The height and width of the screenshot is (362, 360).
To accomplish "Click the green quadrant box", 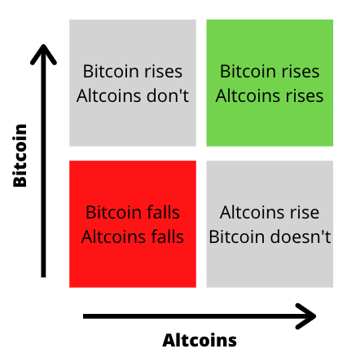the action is pos(270,83).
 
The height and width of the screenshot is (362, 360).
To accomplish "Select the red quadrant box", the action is pos(133,224).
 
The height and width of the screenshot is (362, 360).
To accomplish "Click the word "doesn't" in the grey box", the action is pos(301,236).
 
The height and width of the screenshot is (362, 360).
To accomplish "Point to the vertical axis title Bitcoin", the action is pos(20,156).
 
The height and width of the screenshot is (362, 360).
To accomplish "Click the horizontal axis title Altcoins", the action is pos(200,340).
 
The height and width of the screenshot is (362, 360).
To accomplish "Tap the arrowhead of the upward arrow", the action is pos(43,55).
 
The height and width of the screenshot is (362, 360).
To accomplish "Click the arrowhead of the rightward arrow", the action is pos(306,316).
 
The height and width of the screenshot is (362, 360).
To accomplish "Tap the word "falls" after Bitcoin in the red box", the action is pos(163,212).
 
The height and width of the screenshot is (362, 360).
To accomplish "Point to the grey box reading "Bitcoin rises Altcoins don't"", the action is pos(133,83).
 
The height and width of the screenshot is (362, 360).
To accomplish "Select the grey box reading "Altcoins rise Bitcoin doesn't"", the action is pos(270,224).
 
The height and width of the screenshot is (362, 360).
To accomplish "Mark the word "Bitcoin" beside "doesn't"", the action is pos(238,236).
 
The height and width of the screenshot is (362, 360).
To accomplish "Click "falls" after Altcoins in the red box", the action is pos(168,236).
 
